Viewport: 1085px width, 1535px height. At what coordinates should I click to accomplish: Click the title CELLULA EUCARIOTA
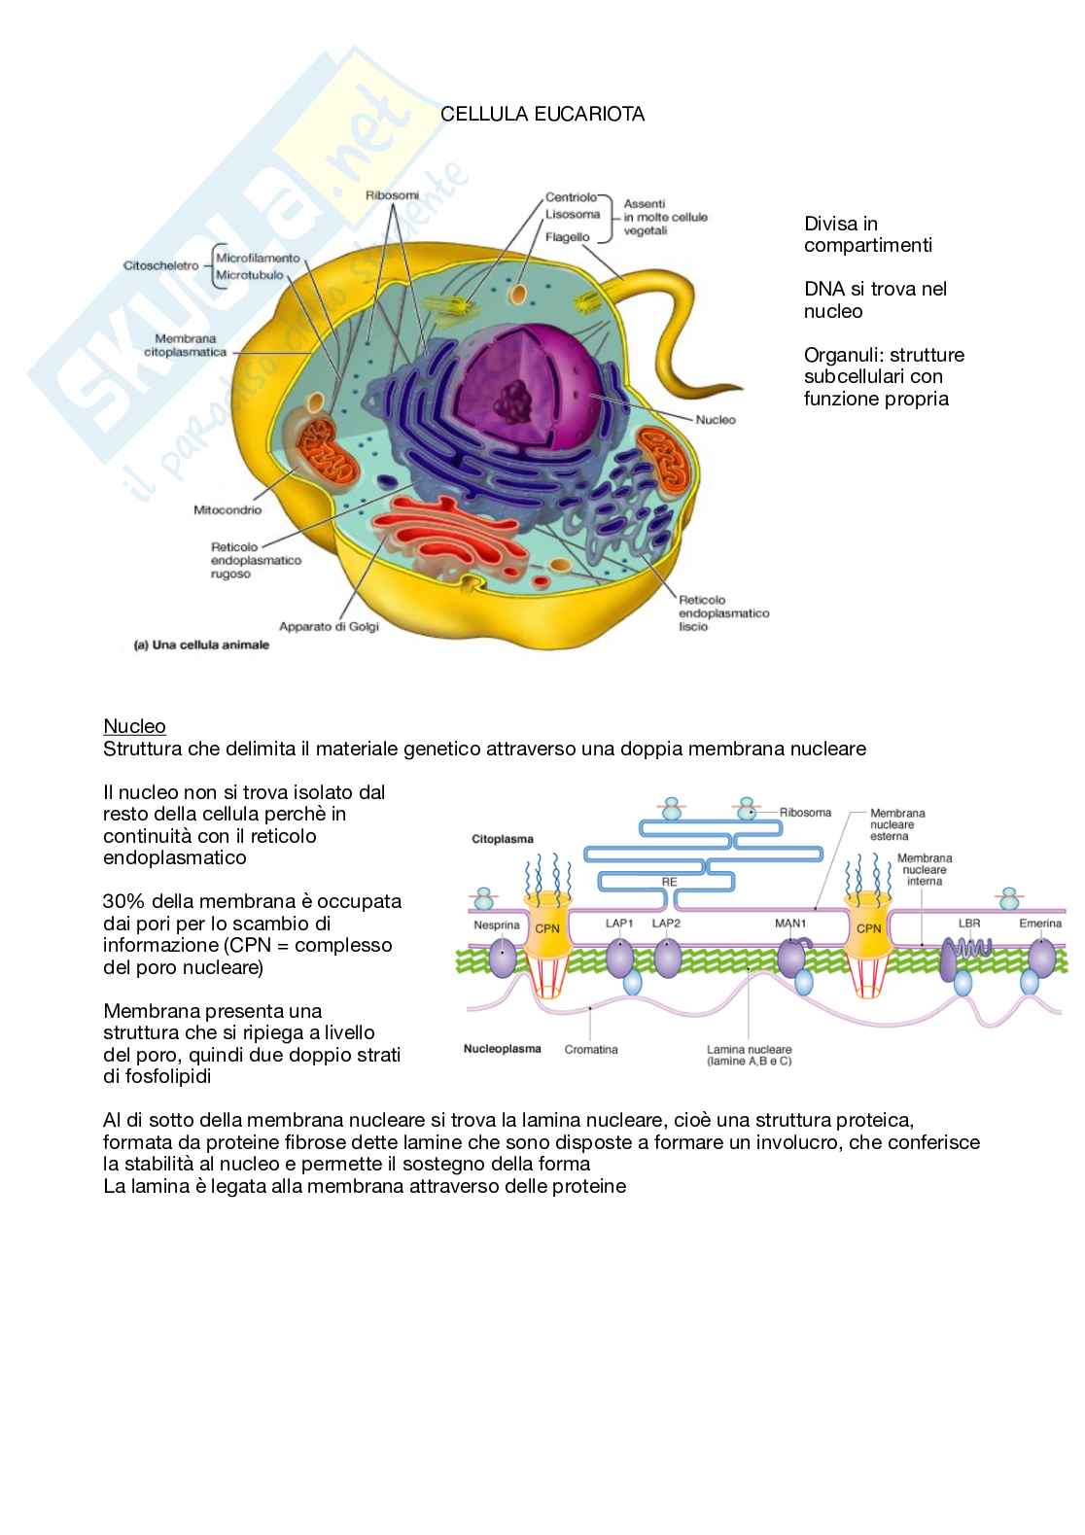542,115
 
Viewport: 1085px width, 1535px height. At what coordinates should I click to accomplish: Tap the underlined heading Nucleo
134,726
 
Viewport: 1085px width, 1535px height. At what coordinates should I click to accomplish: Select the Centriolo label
572,197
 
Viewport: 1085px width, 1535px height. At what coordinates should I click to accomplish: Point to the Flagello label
568,236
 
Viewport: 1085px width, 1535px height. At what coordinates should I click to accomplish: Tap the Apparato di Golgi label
329,627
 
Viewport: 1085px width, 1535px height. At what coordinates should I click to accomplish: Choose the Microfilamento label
258,259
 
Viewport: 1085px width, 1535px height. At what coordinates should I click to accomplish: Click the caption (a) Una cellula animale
201,645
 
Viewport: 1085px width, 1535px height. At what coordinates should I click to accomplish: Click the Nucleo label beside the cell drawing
717,420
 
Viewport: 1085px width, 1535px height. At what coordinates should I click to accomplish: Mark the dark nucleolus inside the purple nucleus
512,396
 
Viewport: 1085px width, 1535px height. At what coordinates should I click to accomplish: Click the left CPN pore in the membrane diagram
546,928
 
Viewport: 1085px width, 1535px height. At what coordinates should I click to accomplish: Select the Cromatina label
591,1049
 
